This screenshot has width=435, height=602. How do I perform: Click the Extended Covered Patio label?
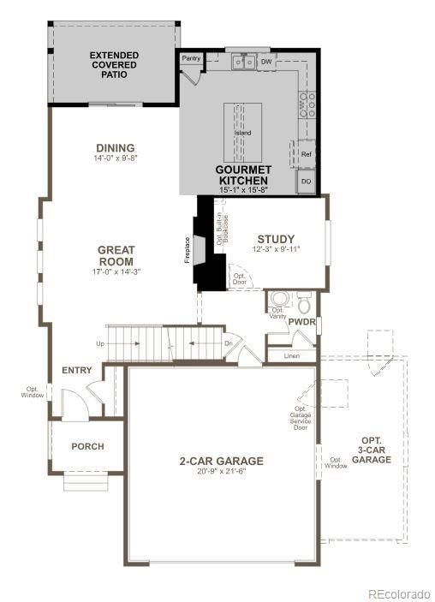[114, 65]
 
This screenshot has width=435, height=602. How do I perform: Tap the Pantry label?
[190, 58]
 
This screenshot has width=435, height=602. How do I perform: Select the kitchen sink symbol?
[242, 62]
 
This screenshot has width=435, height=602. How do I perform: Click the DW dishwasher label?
[265, 62]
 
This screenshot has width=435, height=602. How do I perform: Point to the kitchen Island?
[243, 132]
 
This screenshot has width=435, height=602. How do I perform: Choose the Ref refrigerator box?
[307, 154]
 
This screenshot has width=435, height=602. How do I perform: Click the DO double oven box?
[307, 182]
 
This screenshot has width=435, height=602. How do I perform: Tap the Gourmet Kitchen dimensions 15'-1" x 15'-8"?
[243, 190]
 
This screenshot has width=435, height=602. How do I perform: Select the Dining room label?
[115, 148]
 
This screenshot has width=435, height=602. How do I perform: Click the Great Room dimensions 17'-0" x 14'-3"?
[116, 271]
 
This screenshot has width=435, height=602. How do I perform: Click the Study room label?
[276, 239]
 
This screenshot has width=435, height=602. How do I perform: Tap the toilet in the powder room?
[303, 303]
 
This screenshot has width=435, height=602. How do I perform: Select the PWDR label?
[301, 322]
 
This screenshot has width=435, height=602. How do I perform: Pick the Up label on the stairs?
[100, 343]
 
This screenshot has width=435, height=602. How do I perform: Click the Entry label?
[77, 371]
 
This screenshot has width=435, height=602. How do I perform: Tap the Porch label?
[87, 446]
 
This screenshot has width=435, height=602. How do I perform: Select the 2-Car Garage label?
[221, 461]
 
